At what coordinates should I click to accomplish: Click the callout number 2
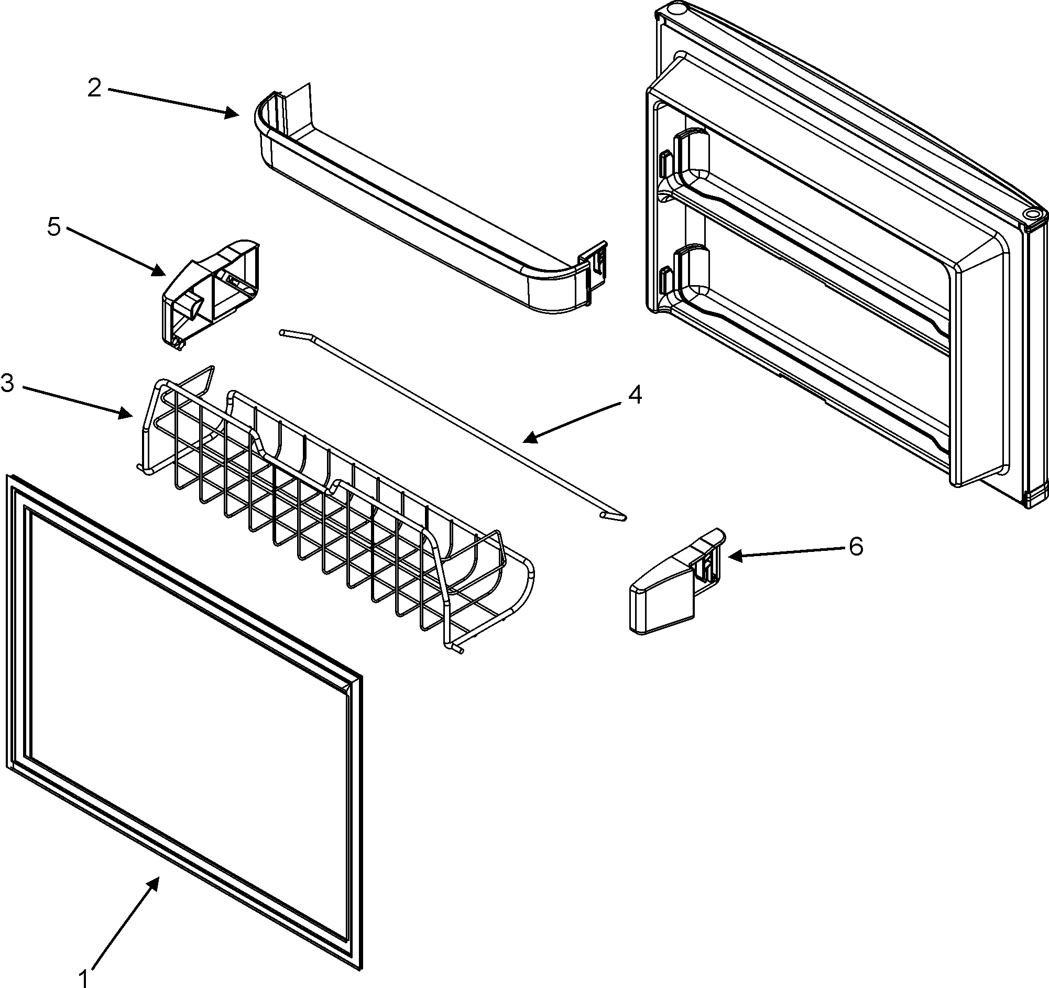click(94, 88)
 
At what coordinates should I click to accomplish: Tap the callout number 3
click(8, 384)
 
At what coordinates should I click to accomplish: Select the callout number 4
click(635, 395)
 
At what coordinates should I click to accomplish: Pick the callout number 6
click(856, 546)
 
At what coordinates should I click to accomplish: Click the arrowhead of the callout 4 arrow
click(527, 439)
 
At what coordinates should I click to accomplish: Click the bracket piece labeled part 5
click(211, 296)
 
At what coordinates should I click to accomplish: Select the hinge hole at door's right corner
click(1031, 215)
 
